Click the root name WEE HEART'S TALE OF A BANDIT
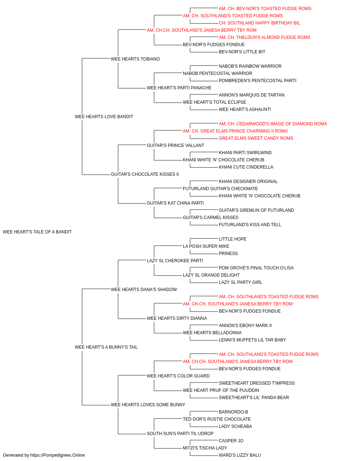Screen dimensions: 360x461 [x=37, y=232]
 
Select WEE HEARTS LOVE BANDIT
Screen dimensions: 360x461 [x=104, y=117]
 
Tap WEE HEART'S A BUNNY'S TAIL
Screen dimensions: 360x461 [x=106, y=347]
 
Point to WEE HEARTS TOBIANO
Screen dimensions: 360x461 [x=135, y=59]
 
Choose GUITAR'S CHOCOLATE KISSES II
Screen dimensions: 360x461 [x=145, y=174]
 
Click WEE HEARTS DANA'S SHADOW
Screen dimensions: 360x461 [x=144, y=289]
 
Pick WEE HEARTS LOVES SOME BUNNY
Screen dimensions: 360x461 [x=148, y=404]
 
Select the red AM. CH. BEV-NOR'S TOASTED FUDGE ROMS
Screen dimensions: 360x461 [x=265, y=9]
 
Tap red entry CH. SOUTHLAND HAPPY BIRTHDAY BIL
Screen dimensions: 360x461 [x=259, y=23]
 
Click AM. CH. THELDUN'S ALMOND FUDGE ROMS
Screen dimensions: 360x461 [x=264, y=37]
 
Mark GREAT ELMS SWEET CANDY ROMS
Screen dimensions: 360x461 [x=256, y=138]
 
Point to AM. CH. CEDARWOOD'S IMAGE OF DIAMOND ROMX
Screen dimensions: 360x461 [x=273, y=124]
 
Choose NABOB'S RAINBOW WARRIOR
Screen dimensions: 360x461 [x=250, y=66]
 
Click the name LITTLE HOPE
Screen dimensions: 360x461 [x=233, y=239]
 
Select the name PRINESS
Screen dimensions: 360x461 [x=228, y=254]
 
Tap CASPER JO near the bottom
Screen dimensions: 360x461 [x=231, y=440]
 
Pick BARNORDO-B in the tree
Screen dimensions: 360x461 [x=233, y=412]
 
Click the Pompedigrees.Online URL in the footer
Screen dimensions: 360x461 [x=58, y=455]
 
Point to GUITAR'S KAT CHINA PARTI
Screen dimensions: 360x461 [x=175, y=203]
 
